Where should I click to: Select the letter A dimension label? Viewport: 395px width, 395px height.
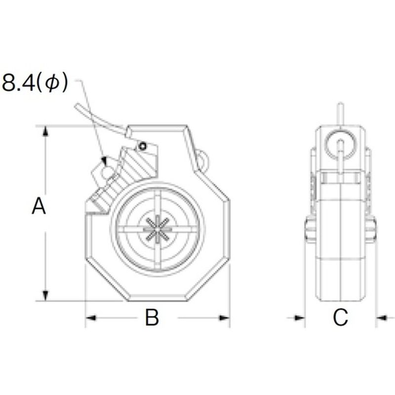pyautogui.click(x=39, y=206)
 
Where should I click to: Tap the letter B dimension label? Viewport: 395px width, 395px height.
pyautogui.click(x=152, y=317)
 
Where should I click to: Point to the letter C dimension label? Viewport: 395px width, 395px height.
pyautogui.click(x=340, y=317)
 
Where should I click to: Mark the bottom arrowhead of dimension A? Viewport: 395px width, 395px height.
pyautogui.click(x=45, y=295)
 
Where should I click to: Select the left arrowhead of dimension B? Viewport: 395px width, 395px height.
pyautogui.click(x=90, y=318)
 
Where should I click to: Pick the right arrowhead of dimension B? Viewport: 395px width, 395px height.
pyautogui.click(x=225, y=318)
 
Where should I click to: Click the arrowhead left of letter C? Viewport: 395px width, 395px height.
pyautogui.click(x=300, y=318)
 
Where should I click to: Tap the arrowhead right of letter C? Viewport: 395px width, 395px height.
pyautogui.click(x=381, y=318)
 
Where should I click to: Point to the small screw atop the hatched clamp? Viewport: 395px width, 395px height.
pyautogui.click(x=143, y=146)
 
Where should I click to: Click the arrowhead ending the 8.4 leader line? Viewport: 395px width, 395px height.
pyautogui.click(x=104, y=160)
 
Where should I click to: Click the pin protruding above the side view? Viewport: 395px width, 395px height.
pyautogui.click(x=340, y=113)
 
